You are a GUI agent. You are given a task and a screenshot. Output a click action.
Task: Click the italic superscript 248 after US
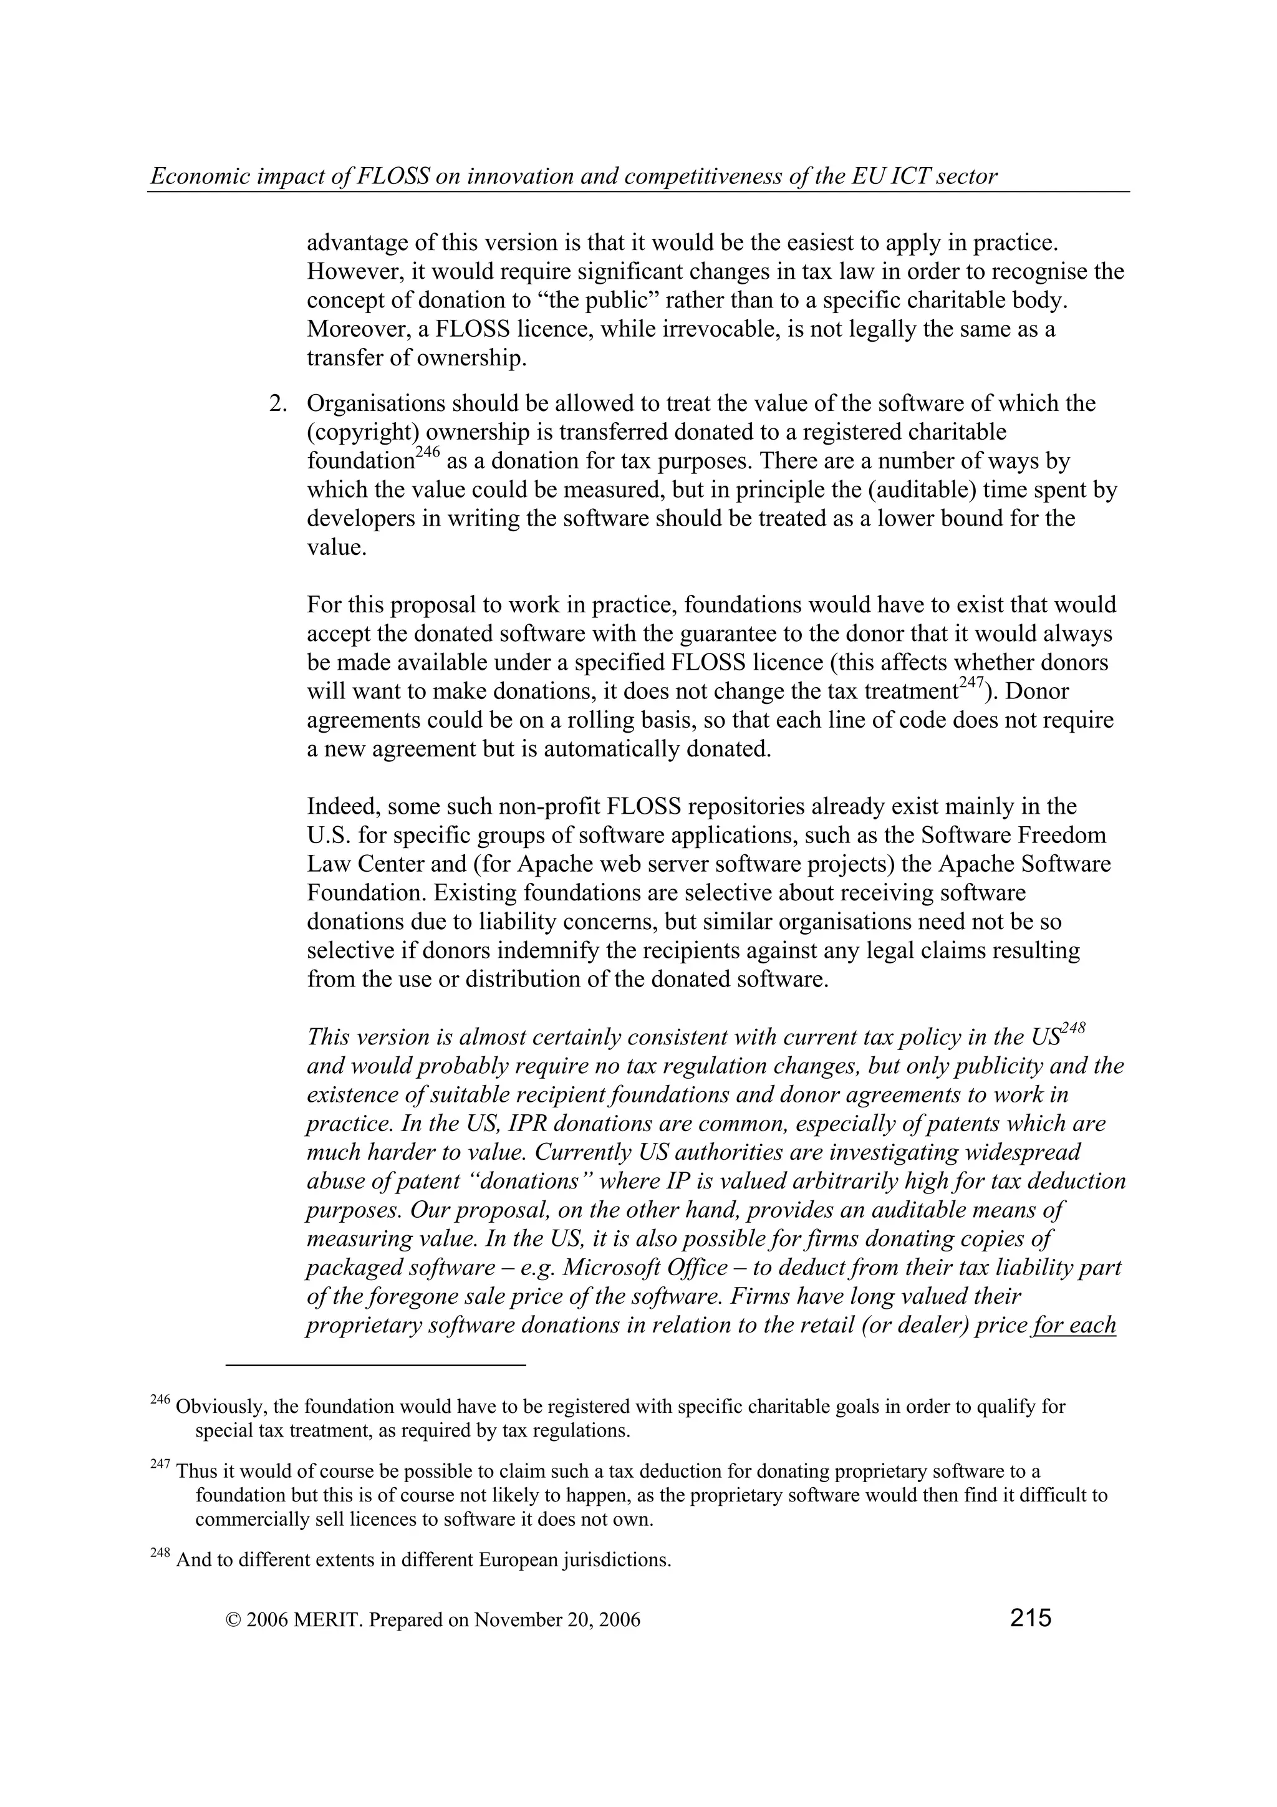click(1073, 1029)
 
